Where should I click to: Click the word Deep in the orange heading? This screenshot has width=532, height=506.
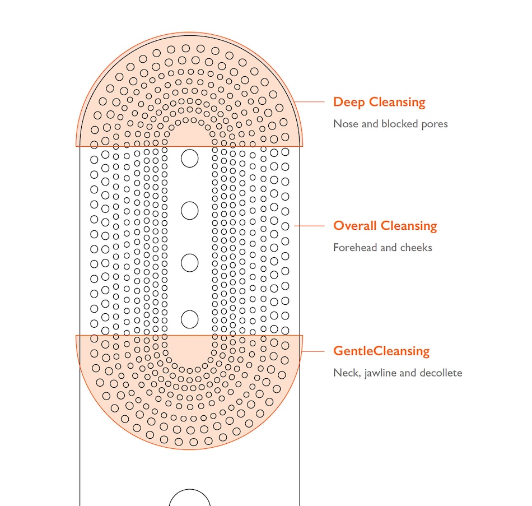pyautogui.click(x=349, y=103)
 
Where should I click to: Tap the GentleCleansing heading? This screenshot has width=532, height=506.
pyautogui.click(x=381, y=351)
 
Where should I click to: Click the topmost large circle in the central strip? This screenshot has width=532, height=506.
pyautogui.click(x=190, y=159)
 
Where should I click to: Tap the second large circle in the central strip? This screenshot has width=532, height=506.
pyautogui.click(x=190, y=211)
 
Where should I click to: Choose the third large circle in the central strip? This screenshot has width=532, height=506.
pyautogui.click(x=190, y=263)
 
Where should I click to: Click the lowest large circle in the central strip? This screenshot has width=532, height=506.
pyautogui.click(x=190, y=319)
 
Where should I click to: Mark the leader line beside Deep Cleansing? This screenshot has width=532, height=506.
pyautogui.click(x=310, y=102)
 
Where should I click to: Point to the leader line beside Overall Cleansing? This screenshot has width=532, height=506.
pyautogui.click(x=310, y=226)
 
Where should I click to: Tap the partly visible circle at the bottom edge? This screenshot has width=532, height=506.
pyautogui.click(x=190, y=499)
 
